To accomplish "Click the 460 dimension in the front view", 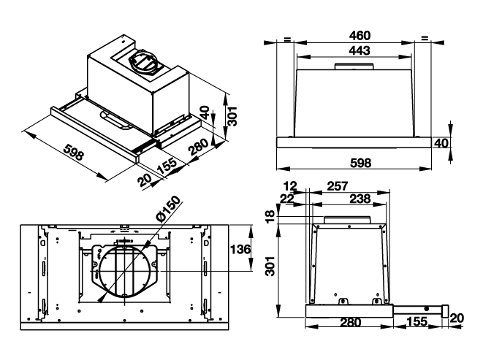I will (x=360, y=35).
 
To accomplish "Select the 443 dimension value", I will (x=360, y=51).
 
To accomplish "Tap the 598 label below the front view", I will (x=360, y=162).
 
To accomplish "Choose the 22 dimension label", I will (x=286, y=199).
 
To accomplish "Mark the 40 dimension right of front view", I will (x=441, y=143).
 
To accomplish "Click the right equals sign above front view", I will (x=424, y=39).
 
